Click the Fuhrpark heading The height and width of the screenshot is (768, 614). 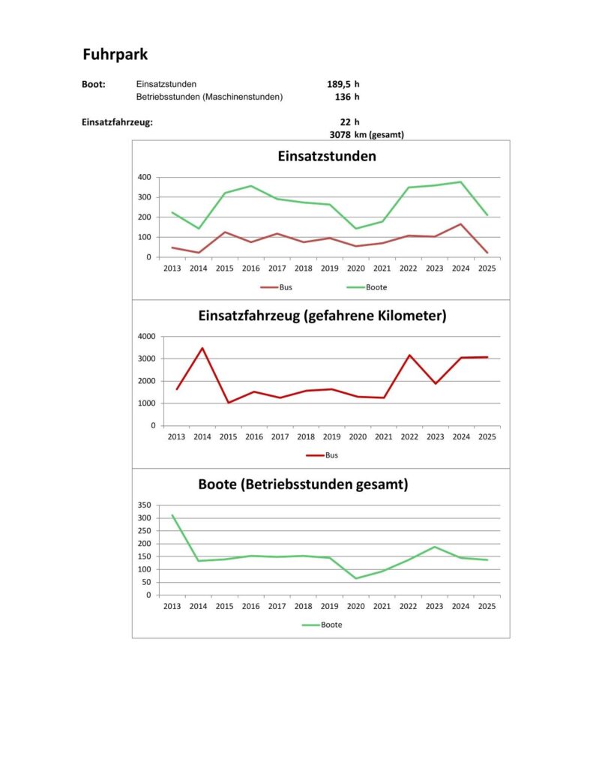tap(115, 55)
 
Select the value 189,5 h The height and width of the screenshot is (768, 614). tap(343, 84)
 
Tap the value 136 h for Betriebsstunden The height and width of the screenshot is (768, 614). tap(347, 97)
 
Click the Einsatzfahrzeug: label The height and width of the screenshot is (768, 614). tap(117, 121)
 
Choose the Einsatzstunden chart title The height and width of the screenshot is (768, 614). tap(327, 157)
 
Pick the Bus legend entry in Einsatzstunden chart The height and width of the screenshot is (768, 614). tap(280, 287)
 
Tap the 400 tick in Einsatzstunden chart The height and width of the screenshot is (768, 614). tap(144, 177)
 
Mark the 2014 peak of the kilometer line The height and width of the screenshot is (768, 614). tap(202, 348)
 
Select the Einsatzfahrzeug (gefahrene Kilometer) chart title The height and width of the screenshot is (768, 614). tap(322, 316)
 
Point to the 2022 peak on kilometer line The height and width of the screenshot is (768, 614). tap(409, 355)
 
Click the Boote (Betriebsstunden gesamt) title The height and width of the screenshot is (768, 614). tap(303, 484)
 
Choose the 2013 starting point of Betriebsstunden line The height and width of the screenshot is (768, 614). tap(173, 515)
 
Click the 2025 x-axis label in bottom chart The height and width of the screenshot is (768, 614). tap(487, 605)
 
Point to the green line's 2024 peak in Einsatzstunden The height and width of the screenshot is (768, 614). tap(461, 181)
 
